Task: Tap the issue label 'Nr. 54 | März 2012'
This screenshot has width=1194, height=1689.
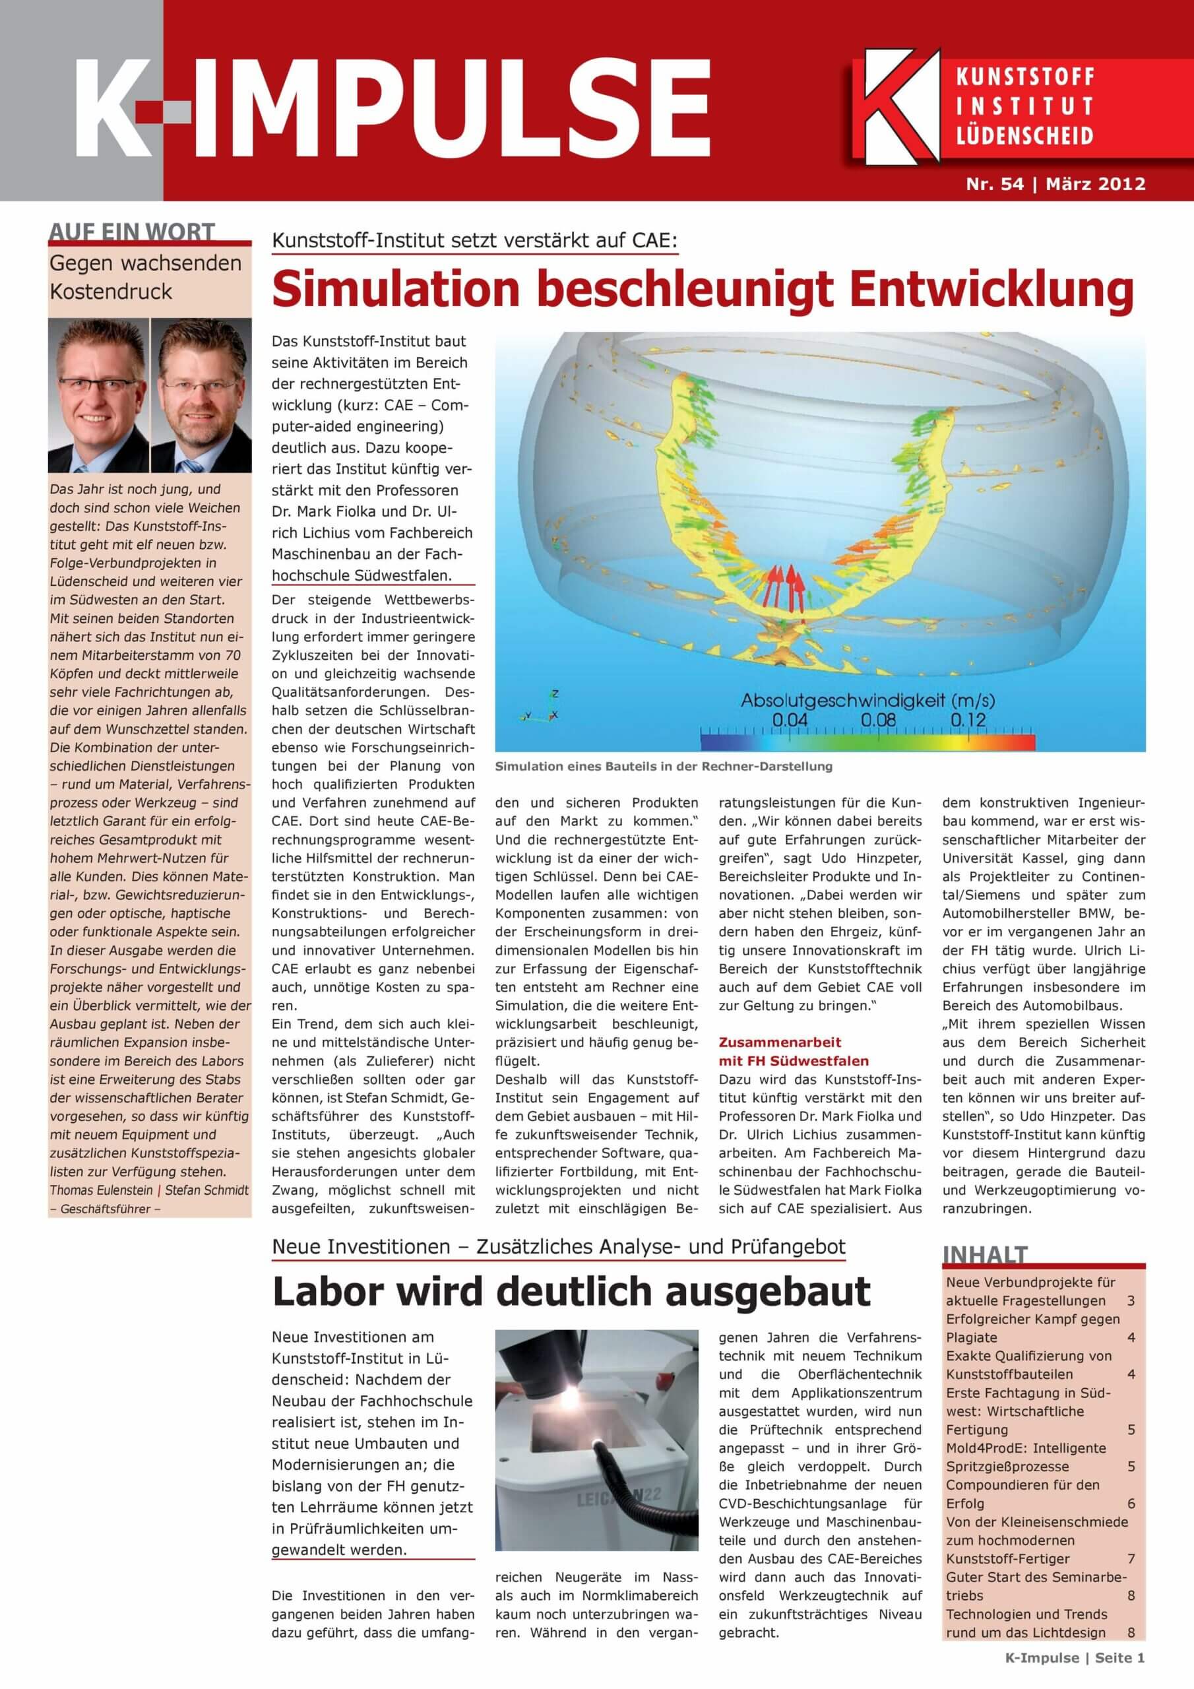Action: (x=1055, y=184)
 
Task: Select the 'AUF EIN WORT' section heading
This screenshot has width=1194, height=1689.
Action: (x=133, y=232)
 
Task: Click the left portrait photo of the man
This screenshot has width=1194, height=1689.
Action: (x=98, y=395)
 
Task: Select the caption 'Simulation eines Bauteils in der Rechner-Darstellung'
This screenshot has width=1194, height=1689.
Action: (x=664, y=767)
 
